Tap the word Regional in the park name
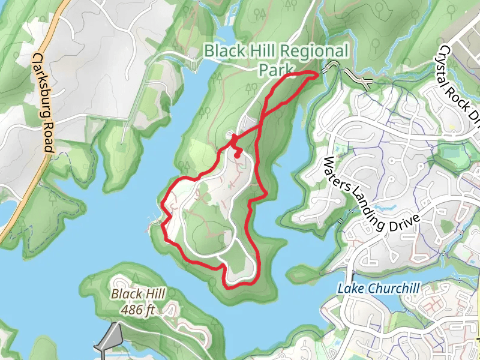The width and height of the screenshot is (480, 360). pos(313,51)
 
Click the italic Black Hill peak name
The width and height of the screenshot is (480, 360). pos(134,294)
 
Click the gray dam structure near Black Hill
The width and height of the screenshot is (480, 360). pos(108,337)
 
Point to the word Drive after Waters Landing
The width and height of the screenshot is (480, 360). pos(399,217)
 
